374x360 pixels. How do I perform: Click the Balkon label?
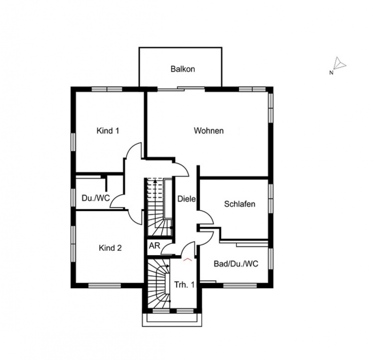click(x=183, y=69)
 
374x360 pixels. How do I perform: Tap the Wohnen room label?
click(x=209, y=131)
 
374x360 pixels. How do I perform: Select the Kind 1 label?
click(x=108, y=131)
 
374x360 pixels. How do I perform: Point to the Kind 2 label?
click(x=110, y=248)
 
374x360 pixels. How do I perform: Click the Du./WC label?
click(x=96, y=198)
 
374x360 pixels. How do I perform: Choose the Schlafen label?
click(x=240, y=204)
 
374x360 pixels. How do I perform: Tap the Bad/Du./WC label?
click(x=236, y=264)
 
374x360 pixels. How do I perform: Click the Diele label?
click(x=187, y=199)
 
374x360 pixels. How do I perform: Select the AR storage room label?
click(x=154, y=245)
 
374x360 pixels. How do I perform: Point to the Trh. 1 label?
click(x=184, y=285)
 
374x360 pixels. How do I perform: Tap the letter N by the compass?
click(x=331, y=73)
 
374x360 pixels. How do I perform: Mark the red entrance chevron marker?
click(x=187, y=259)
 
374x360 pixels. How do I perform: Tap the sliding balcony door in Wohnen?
click(x=181, y=89)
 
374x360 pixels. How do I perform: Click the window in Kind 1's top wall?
click(x=107, y=89)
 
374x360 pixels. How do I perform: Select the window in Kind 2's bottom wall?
click(x=104, y=285)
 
